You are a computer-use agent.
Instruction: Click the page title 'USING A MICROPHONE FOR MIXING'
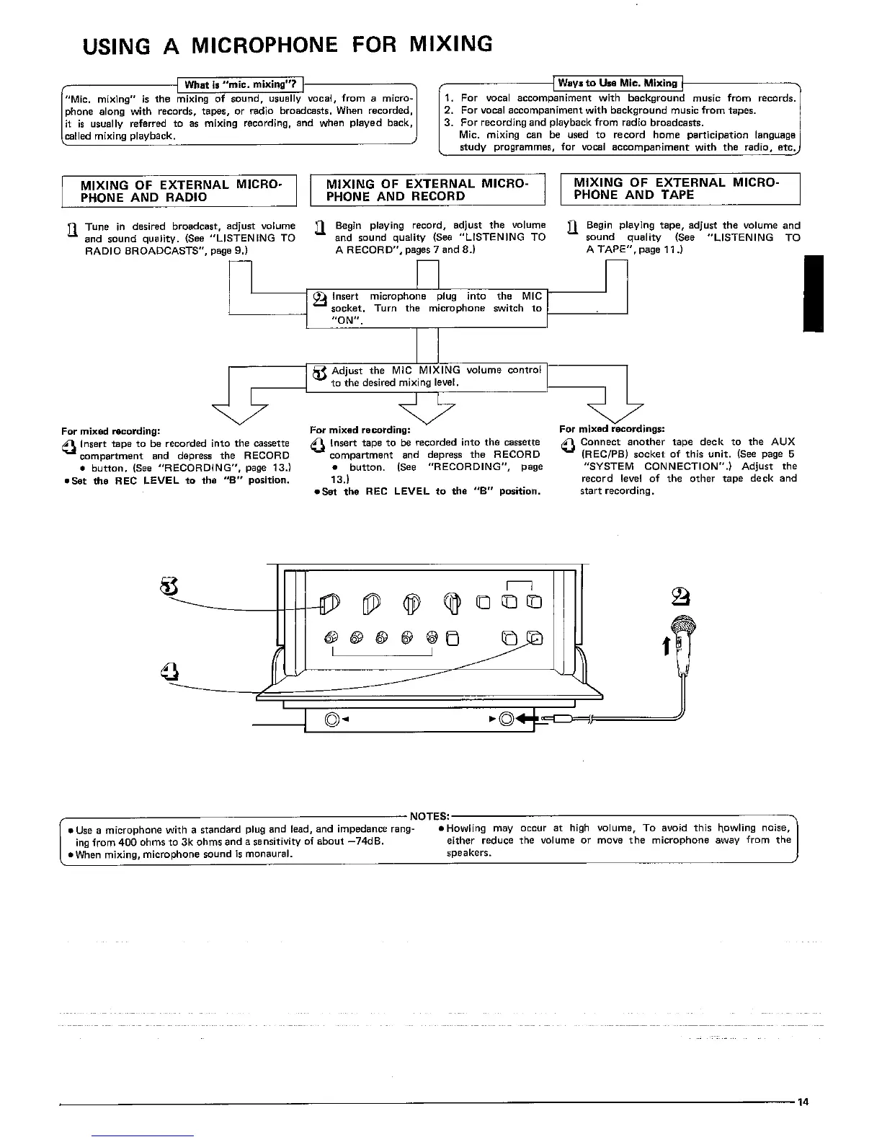coord(288,45)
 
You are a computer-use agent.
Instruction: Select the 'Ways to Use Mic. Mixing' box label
coord(618,83)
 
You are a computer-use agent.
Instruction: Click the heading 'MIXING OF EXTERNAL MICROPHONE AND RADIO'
coord(179,190)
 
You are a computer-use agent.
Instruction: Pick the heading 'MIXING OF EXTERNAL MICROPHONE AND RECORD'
coord(427,190)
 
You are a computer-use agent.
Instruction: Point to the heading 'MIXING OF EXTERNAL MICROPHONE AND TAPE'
coord(676,188)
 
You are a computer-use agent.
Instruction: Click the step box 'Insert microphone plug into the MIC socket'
coord(427,308)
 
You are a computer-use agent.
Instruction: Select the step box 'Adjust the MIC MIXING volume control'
coord(427,376)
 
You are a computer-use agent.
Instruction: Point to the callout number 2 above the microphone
coord(680,597)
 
